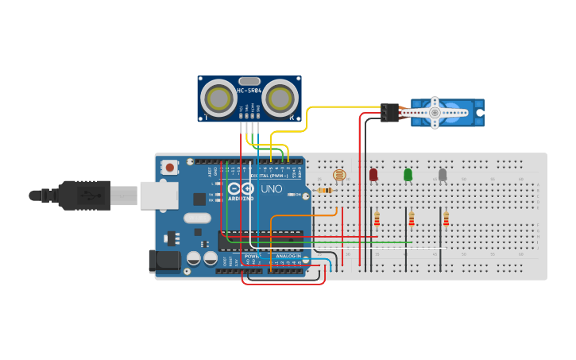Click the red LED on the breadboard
(x=373, y=174)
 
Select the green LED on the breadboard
(x=408, y=174)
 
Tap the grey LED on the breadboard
(x=443, y=174)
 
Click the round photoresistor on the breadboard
(x=339, y=175)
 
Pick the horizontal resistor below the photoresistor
(x=325, y=191)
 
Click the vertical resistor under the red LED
(x=377, y=219)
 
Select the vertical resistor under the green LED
(x=412, y=219)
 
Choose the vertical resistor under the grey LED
(x=446, y=219)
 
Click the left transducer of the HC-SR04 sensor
(x=218, y=99)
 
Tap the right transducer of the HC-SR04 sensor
(x=280, y=99)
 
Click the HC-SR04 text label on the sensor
(x=249, y=91)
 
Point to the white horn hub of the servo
(x=435, y=113)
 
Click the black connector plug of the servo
(x=389, y=113)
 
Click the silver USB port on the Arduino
(x=159, y=195)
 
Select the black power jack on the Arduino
(x=161, y=261)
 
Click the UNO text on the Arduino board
(x=271, y=189)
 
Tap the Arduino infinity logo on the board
(x=239, y=189)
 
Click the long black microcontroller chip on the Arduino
(x=261, y=238)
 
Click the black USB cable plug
(x=83, y=195)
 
